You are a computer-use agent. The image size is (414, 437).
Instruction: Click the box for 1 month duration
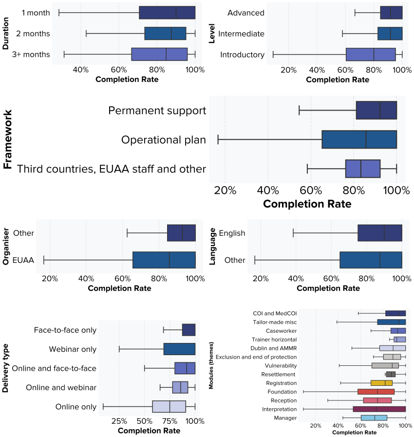point(167,13)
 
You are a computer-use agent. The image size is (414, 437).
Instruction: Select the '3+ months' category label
point(31,55)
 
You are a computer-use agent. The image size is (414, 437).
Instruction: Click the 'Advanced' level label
point(245,13)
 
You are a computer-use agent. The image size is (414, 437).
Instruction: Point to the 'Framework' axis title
point(7,139)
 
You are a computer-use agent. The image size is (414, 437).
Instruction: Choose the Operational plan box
point(359,140)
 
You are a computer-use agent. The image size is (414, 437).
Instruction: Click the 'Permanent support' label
point(157,111)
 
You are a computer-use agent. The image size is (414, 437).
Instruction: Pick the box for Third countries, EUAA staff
point(363,169)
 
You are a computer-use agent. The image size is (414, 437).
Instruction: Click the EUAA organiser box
point(164,260)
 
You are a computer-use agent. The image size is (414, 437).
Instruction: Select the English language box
point(380,233)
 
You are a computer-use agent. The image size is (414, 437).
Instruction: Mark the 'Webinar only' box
point(179,349)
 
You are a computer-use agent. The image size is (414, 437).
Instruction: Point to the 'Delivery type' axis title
point(6,369)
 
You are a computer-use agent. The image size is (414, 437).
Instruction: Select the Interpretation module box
point(379,409)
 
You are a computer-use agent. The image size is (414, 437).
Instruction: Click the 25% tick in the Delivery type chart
point(119,420)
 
